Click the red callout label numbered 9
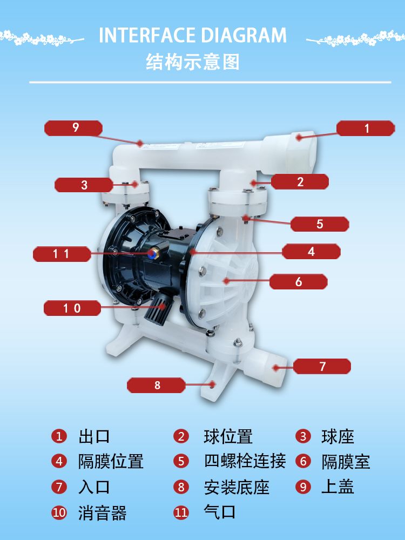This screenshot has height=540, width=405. click(73, 128)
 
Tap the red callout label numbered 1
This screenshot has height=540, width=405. click(366, 128)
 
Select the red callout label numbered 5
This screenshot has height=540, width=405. click(320, 224)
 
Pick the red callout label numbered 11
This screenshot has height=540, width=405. click(62, 254)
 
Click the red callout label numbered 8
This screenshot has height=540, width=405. click(156, 385)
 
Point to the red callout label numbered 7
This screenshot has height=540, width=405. click(322, 366)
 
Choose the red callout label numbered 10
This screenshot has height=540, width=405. click(72, 308)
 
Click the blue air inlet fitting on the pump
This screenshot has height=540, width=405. click(152, 254)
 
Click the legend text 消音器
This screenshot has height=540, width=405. click(102, 513)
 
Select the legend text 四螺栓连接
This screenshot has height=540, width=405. click(245, 461)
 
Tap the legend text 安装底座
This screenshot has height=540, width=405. click(237, 487)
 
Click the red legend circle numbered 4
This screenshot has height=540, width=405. click(59, 461)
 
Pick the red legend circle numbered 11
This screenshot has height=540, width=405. click(181, 512)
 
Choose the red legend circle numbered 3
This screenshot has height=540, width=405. click(303, 436)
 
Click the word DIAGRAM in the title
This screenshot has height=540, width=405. click(244, 35)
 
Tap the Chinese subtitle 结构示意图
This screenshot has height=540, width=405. click(193, 62)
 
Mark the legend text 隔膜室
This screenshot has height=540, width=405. click(346, 462)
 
